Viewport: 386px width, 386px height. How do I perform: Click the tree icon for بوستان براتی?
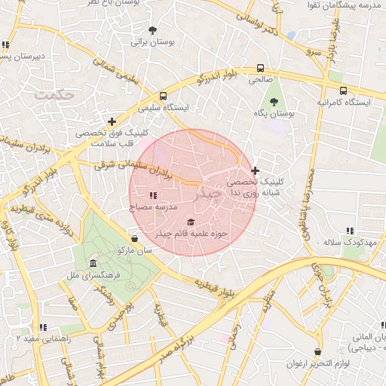[153, 31]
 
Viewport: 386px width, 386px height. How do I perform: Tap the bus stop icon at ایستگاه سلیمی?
[163, 96]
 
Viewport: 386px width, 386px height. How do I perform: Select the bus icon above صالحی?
[260, 67]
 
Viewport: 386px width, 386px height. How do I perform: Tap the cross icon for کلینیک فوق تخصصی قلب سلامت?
[112, 121]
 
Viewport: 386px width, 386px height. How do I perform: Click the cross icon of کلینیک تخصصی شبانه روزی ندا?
[256, 170]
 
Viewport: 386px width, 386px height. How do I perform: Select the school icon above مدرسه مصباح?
[153, 196]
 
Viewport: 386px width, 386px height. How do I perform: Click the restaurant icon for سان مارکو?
[134, 238]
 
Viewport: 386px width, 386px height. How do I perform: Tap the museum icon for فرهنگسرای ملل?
[92, 263]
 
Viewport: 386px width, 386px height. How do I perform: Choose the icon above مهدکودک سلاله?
[349, 231]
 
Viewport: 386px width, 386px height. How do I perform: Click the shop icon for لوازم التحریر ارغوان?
[317, 352]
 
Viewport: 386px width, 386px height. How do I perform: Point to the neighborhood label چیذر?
[210, 195]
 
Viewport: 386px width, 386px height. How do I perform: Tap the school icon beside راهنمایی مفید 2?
[43, 326]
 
